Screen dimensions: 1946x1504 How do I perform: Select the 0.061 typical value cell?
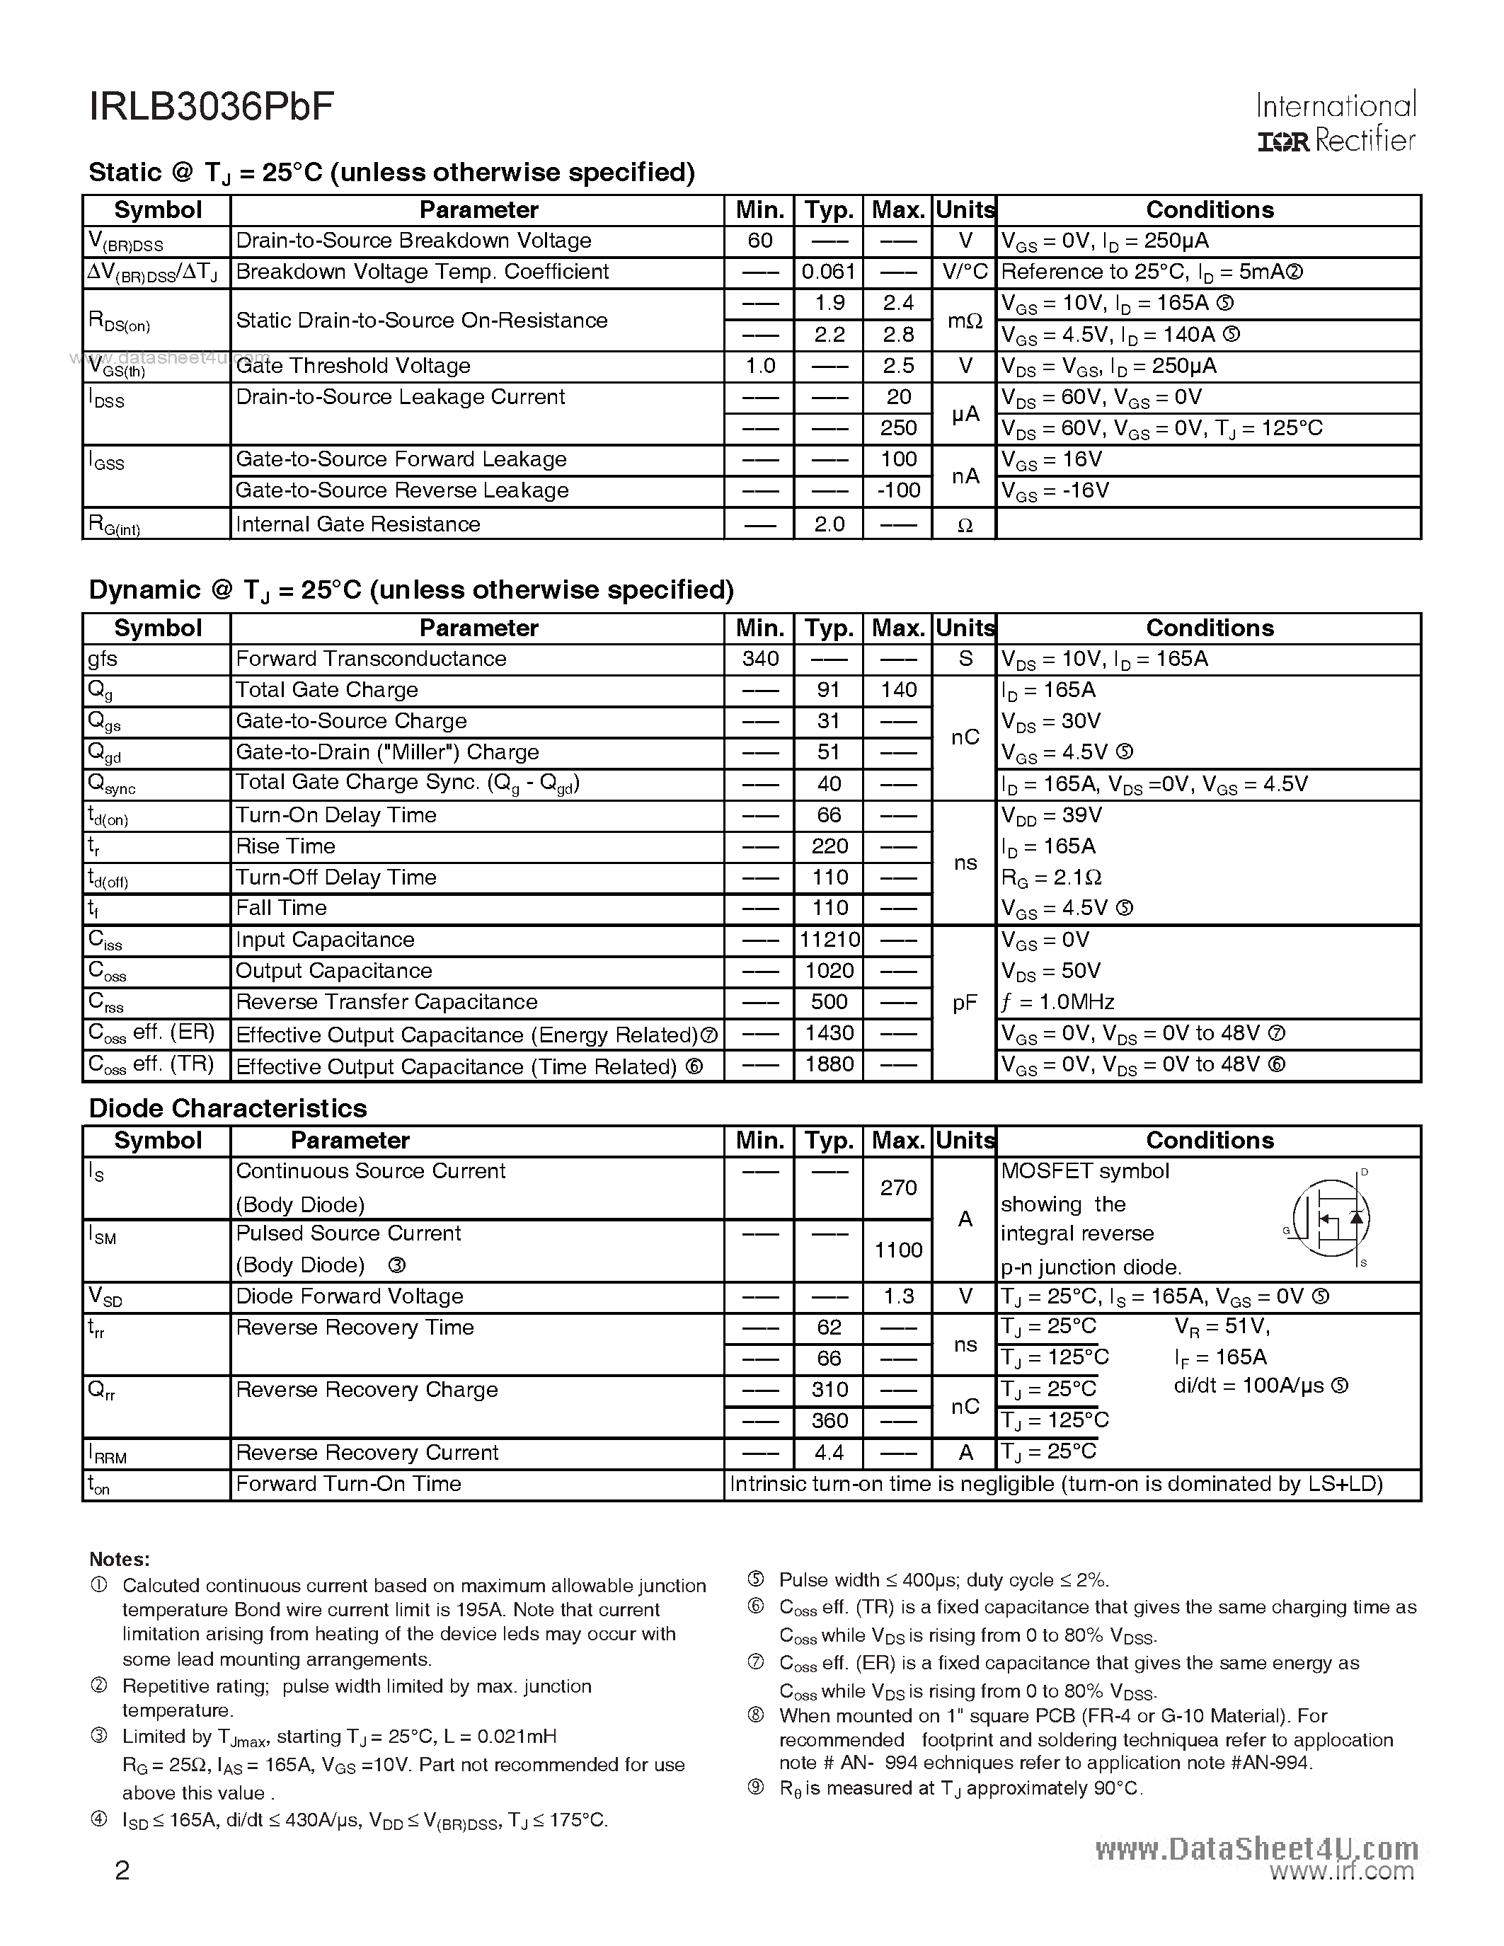[828, 272]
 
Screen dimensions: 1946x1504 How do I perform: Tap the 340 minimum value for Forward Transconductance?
[759, 659]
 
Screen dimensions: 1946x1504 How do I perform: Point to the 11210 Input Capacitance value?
[829, 940]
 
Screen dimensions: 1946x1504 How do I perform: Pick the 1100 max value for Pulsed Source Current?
[897, 1250]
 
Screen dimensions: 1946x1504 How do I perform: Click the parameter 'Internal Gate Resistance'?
[357, 524]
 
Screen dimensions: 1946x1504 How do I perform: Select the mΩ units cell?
[964, 320]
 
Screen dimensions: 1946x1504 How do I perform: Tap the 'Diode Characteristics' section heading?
[227, 1107]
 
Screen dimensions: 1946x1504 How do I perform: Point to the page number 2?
[122, 1870]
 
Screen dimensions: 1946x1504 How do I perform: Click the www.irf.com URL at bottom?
[1341, 1871]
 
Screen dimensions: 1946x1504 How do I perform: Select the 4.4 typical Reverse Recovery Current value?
[829, 1452]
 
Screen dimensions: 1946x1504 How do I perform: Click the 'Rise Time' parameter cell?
[285, 846]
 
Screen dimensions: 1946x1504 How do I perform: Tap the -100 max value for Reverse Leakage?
[897, 490]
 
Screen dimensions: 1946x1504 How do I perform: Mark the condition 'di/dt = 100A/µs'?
[1260, 1386]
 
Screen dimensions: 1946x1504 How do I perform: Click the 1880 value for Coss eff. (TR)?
[829, 1065]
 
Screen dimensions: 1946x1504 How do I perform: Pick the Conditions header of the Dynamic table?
[1209, 628]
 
